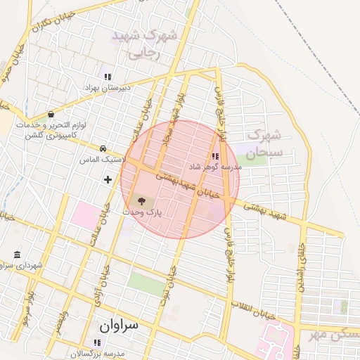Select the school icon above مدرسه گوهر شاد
pos(214,157)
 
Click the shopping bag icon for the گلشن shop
pos(51,115)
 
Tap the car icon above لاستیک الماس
pos(103,149)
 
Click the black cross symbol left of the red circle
pos(108,180)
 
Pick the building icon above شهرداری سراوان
pos(17,254)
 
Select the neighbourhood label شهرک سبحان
pos(264,142)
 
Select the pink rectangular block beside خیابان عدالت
pos(85,214)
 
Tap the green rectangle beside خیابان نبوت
pos(145,283)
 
